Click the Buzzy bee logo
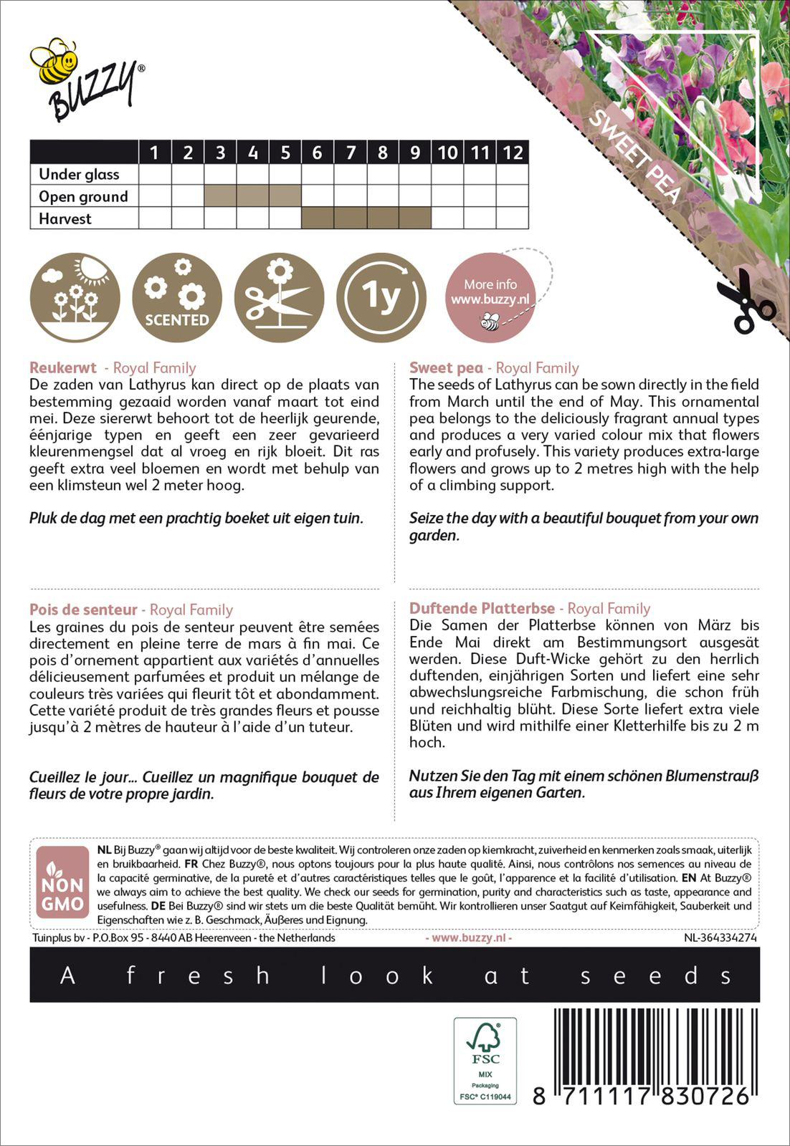pyautogui.click(x=87, y=80)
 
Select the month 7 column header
pyautogui.click(x=351, y=152)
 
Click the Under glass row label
pyautogui.click(x=79, y=174)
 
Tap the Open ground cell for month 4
pyautogui.click(x=253, y=196)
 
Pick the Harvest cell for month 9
pyautogui.click(x=415, y=218)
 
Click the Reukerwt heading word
pyautogui.click(x=63, y=368)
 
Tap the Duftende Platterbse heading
pyautogui.click(x=482, y=608)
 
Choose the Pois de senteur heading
pyautogui.click(x=83, y=610)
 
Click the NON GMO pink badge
pyautogui.click(x=62, y=882)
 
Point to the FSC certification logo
pyautogui.click(x=485, y=1060)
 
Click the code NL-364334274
pyautogui.click(x=720, y=937)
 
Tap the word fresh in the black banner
pyautogui.click(x=198, y=975)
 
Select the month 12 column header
pyautogui.click(x=512, y=152)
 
